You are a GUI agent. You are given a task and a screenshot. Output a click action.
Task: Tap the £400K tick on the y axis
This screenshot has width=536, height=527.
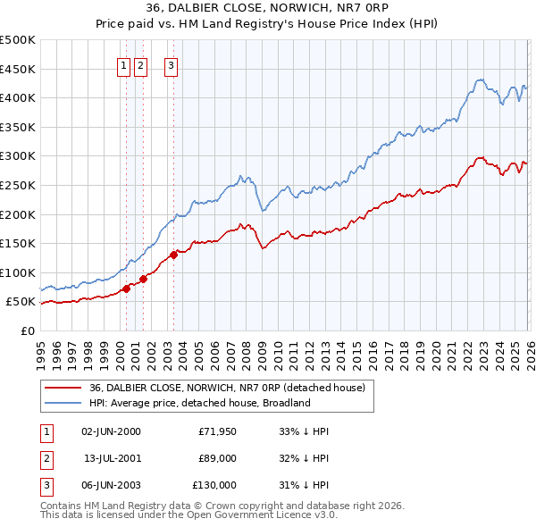18,98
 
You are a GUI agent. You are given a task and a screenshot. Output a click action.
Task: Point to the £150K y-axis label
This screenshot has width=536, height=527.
18,243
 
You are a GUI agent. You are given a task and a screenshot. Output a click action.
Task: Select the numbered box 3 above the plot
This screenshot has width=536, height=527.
171,64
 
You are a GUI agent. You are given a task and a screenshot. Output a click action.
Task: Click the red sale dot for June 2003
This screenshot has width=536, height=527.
173,255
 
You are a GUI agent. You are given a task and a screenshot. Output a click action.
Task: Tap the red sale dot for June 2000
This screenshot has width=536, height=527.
126,289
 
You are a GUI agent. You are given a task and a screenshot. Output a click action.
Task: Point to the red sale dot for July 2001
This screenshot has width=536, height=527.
143,279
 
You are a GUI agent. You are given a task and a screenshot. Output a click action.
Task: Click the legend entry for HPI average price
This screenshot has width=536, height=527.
198,403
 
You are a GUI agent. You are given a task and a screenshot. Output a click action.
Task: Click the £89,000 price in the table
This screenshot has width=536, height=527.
217,458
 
